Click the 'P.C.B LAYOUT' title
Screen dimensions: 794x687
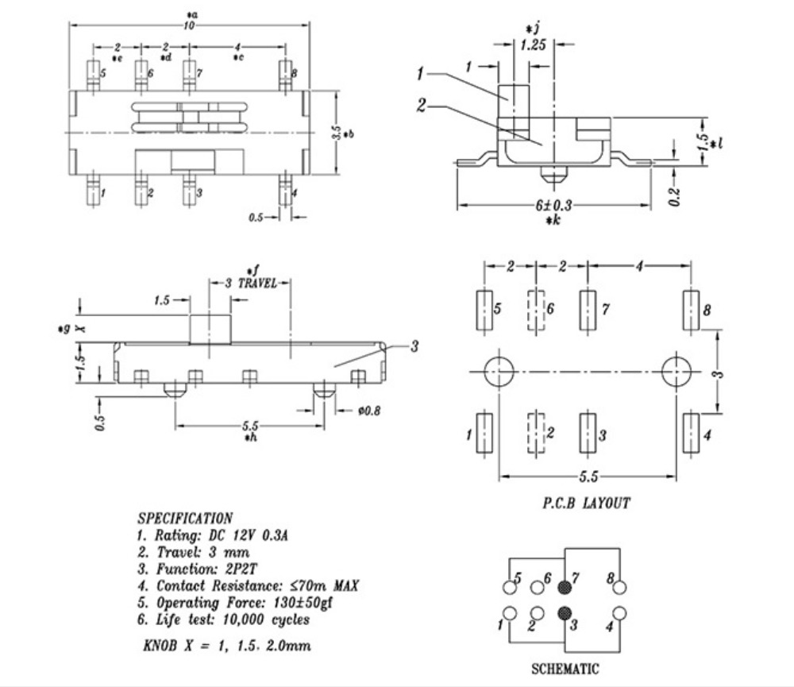[587, 503]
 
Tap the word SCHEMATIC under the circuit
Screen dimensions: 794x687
[565, 669]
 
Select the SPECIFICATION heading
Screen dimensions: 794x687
[185, 519]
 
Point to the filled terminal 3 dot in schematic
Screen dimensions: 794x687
[564, 614]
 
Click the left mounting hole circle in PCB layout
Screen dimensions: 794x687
[499, 372]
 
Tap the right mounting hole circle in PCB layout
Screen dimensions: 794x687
[676, 372]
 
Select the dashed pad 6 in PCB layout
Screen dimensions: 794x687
[536, 310]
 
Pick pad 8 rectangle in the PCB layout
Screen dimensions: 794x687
[692, 310]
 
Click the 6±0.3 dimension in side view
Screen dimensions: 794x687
[553, 205]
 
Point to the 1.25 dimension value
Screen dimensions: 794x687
[534, 45]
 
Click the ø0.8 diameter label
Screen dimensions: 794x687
[368, 411]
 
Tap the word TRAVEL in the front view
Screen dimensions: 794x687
[257, 283]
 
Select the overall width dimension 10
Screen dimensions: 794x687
[189, 25]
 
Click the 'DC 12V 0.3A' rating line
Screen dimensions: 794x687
[248, 535]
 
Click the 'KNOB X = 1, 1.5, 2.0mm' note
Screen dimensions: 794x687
[227, 646]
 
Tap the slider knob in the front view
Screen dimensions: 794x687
[210, 330]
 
